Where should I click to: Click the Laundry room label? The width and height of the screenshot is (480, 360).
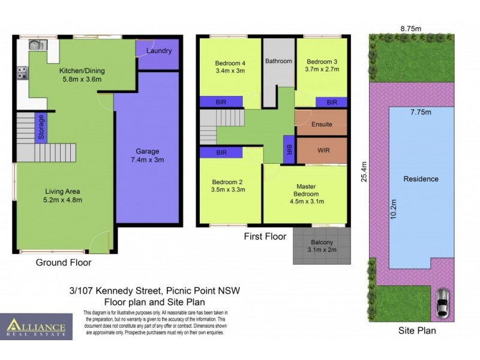pos(158,51)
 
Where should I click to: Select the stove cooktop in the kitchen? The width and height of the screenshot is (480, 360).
pos(22,74)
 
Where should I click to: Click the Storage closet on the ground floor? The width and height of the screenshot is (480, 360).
pos(41,127)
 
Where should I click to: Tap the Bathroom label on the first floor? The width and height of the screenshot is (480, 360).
pos(278,61)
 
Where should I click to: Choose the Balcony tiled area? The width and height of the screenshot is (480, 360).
pos(320,245)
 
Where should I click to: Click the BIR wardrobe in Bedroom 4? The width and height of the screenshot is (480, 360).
pos(221,103)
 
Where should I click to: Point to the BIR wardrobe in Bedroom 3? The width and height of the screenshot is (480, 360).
pos(331,103)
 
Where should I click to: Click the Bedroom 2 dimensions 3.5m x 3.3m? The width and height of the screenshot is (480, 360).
pos(229,190)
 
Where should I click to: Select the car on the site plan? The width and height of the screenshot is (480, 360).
pos(442,303)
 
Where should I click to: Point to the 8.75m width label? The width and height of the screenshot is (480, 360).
pos(410,27)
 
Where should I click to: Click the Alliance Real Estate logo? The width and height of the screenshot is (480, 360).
pos(36,326)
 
